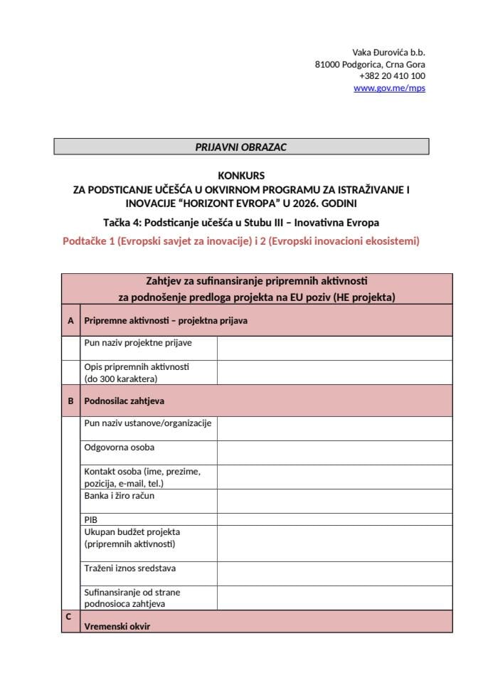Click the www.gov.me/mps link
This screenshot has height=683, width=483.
389,88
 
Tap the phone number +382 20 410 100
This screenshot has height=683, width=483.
392,76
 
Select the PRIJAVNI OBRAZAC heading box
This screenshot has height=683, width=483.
241,147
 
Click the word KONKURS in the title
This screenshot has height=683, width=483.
241,175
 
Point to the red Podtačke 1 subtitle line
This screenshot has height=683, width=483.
241,241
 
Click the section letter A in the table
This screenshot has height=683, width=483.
70,321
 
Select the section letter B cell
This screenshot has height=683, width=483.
70,401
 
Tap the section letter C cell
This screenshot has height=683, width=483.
68,617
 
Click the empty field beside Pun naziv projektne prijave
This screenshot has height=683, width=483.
334,348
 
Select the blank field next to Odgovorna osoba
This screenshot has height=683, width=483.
334,452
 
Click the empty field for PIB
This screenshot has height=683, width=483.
334,519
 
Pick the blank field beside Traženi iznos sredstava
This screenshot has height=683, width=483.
334,573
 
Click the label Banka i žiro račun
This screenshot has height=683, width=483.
120,496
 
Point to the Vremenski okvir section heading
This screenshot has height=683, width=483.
117,626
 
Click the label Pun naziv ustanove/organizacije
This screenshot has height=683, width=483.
148,423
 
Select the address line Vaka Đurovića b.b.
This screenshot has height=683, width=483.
388,52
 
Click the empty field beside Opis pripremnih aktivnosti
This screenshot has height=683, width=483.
334,372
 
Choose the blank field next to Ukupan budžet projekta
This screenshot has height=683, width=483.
334,544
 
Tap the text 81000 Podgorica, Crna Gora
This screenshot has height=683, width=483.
370,64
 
